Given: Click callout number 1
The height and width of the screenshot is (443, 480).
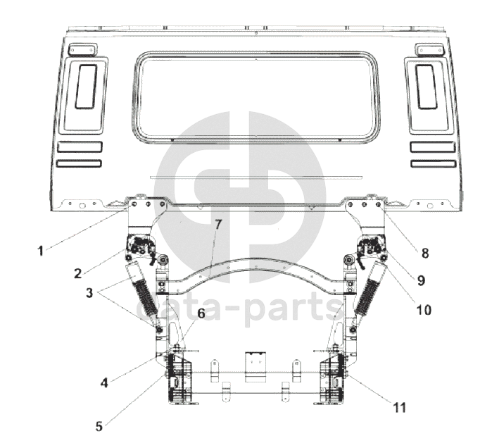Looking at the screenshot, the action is coord(41,249).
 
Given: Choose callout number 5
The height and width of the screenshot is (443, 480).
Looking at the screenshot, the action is coord(99,425).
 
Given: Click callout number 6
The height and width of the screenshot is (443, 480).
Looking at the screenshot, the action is coord(201,314).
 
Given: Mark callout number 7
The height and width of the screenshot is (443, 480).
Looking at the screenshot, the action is coord(218,225).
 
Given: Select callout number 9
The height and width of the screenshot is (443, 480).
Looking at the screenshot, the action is coord(420,280).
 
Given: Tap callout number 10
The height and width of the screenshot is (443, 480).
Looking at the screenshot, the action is coord(424,308).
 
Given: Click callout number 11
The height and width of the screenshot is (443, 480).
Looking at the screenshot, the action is coord(399,406).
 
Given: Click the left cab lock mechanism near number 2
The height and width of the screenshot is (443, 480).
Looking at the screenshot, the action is coord(141,248).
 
